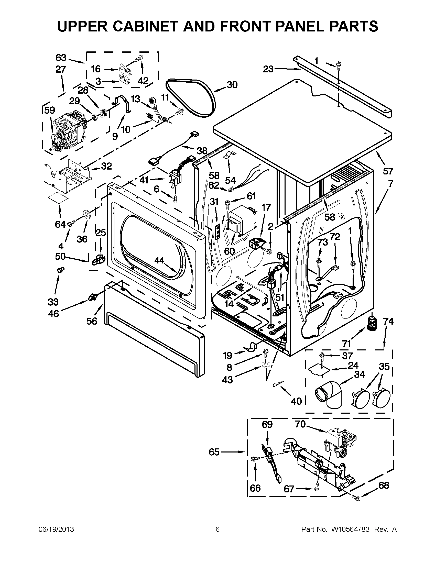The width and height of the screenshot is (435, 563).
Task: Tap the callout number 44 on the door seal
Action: (159, 261)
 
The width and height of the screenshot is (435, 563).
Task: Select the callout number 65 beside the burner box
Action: (214, 452)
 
